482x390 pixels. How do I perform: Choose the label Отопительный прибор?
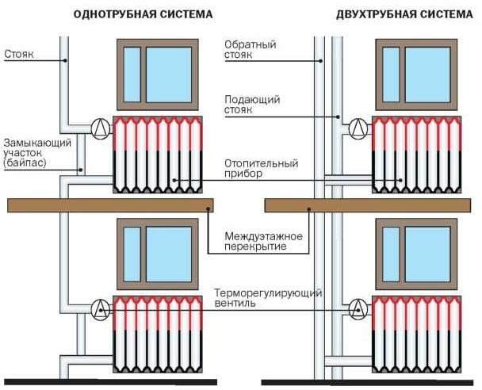262,169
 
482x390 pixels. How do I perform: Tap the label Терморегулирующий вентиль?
267,297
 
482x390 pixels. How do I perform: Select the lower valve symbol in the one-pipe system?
100,308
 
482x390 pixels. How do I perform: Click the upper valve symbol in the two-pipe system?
358,127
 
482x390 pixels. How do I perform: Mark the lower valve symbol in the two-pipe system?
358,308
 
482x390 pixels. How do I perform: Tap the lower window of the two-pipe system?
416,250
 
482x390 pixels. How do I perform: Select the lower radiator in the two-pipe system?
416,333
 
